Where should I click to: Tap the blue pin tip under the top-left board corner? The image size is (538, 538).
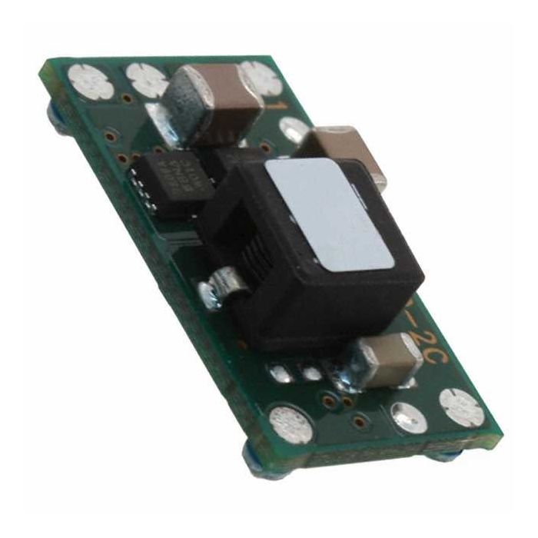click(55, 115)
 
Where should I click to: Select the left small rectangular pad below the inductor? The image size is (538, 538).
click(279, 371)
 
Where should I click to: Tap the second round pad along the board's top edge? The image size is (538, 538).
click(146, 78)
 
